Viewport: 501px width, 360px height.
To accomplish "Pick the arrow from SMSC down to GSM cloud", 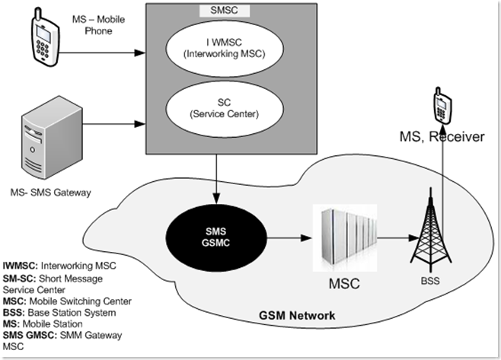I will (x=219, y=175).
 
